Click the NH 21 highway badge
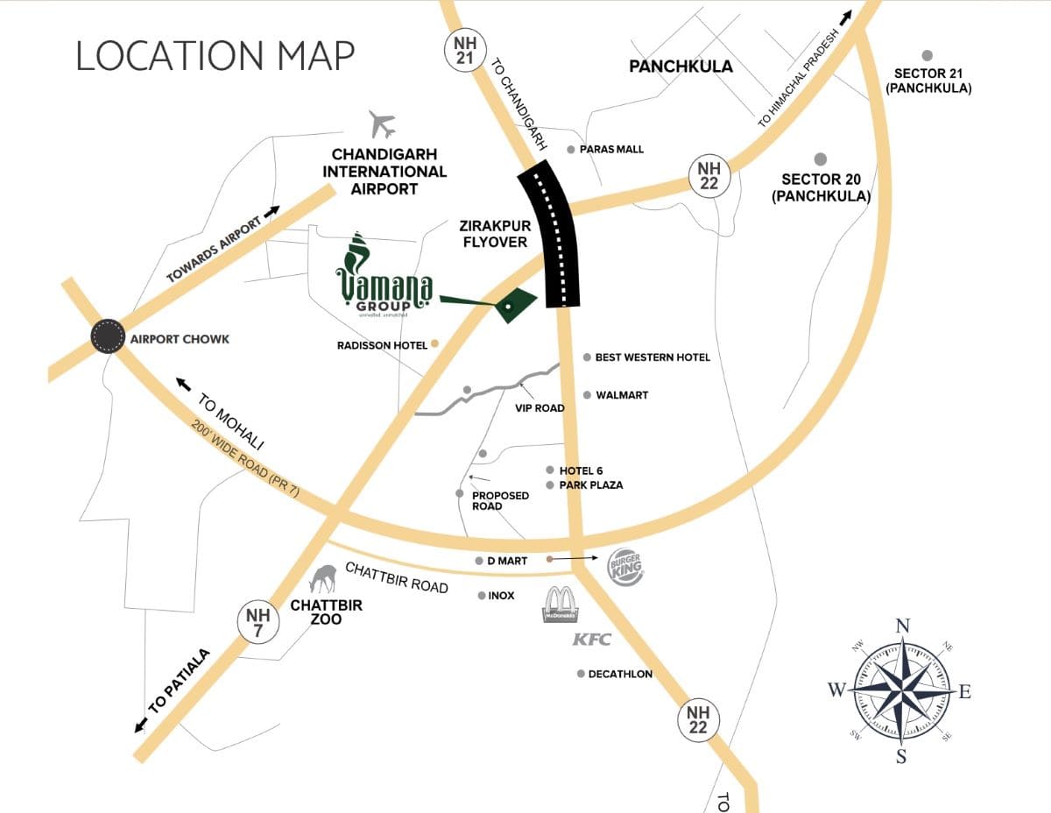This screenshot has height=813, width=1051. (460, 48)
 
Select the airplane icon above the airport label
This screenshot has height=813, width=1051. (383, 124)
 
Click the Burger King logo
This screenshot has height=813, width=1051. (626, 569)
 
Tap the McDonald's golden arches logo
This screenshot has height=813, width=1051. (558, 605)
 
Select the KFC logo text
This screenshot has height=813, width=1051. (591, 640)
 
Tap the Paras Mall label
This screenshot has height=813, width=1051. (611, 150)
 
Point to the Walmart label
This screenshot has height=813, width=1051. (622, 395)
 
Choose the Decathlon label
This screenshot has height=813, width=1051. (620, 674)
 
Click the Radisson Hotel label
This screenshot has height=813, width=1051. (382, 345)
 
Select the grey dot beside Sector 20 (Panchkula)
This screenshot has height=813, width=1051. (821, 159)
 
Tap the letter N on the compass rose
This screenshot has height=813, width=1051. (902, 626)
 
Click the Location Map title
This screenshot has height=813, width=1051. (215, 55)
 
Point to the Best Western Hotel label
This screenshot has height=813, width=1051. (652, 357)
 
